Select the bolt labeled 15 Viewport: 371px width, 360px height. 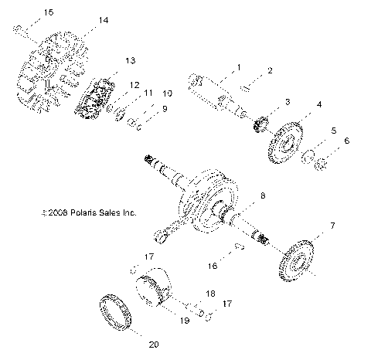click(x=17, y=29)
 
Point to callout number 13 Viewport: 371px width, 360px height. click(x=130, y=59)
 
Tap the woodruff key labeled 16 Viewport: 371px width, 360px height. click(x=240, y=247)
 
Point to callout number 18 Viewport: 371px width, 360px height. click(x=209, y=294)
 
